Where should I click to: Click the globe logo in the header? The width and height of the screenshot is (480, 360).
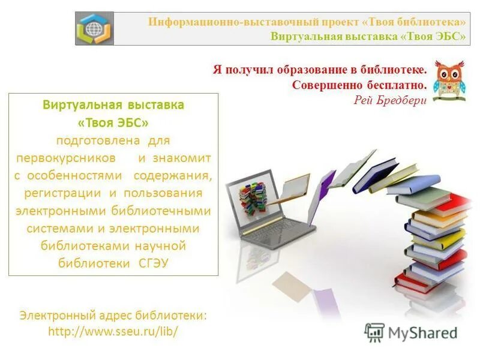(x=94, y=29)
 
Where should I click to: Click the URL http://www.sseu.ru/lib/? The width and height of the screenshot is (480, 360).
(x=113, y=331)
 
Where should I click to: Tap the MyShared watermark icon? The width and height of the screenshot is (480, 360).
(x=374, y=332)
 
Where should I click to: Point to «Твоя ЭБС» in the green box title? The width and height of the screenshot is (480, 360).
(x=113, y=122)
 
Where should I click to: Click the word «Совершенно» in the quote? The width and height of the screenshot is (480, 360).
(x=323, y=85)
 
